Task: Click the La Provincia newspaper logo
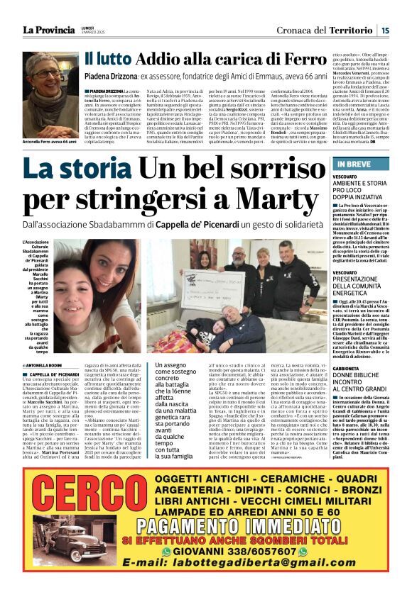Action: tap(48, 30)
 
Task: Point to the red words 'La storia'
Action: tap(75, 168)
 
